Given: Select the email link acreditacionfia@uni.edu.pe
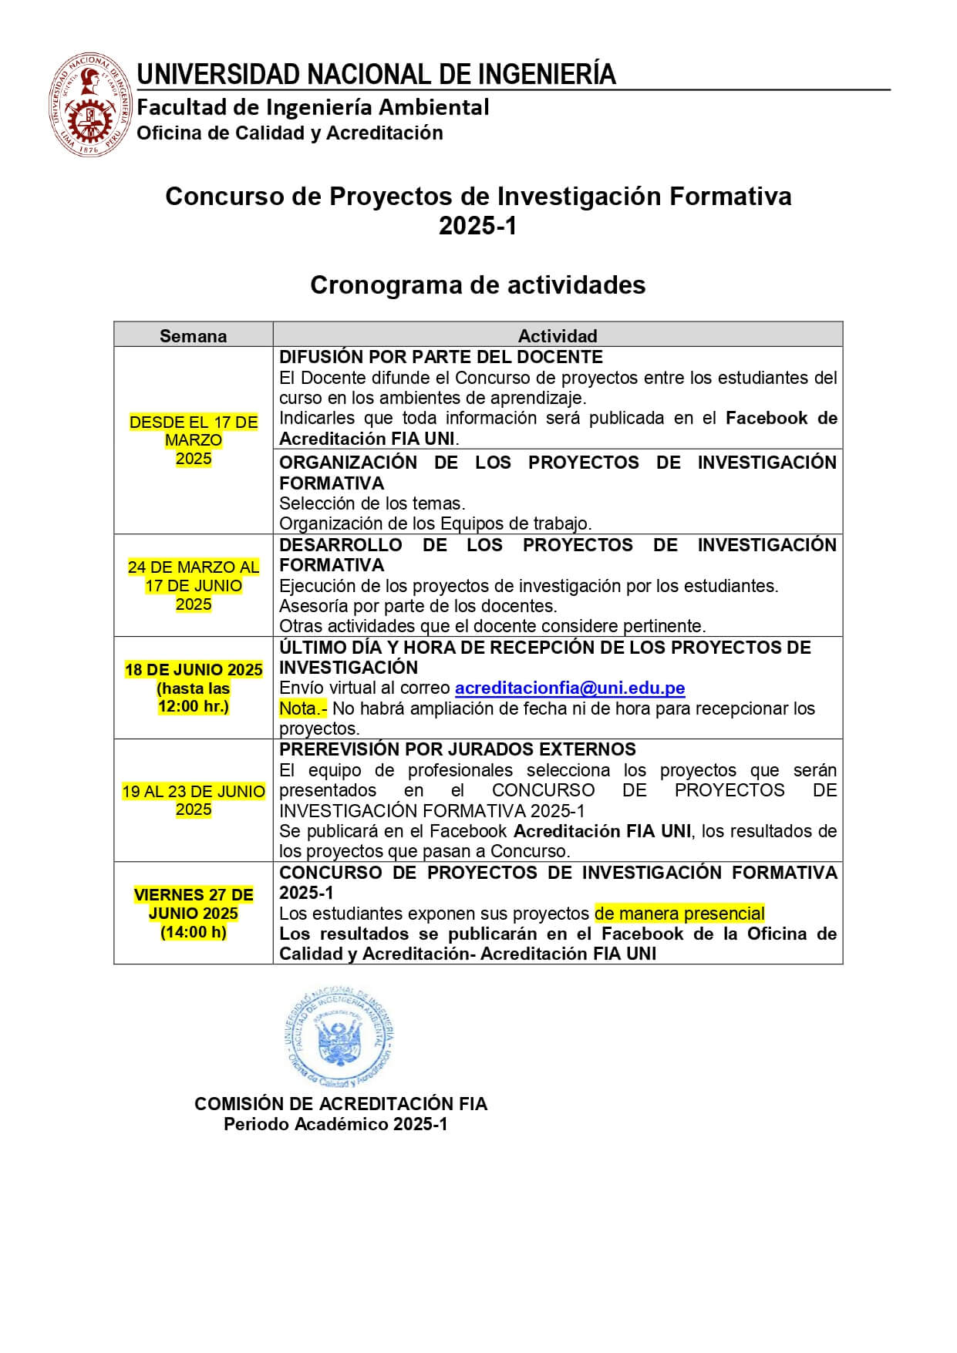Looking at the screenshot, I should coord(569,688).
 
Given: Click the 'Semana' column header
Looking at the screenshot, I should coord(193,335).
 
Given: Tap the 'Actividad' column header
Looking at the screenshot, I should coord(557,335).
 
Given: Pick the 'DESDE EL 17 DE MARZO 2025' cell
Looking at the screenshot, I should coord(193,440).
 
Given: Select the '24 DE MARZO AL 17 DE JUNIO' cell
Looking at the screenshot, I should coord(193,585).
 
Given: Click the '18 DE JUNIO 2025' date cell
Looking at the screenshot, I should coord(194,669).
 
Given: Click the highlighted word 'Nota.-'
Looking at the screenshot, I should coord(303,708).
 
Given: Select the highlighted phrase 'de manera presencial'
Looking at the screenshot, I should coord(679,914).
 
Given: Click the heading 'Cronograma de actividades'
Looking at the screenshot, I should coord(477,285).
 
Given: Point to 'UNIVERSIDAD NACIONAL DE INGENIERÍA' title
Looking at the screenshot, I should coord(376,75).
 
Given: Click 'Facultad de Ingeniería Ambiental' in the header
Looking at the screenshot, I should coord(312,107).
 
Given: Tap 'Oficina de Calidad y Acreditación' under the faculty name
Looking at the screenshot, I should coord(290,133).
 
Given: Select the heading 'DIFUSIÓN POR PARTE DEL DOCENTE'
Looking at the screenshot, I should coord(440,357).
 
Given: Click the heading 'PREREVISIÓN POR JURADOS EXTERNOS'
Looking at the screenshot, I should coord(457,749).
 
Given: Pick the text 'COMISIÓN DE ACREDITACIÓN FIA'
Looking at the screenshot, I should coord(341,1104).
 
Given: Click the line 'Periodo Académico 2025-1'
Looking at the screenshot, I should coord(335,1124).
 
